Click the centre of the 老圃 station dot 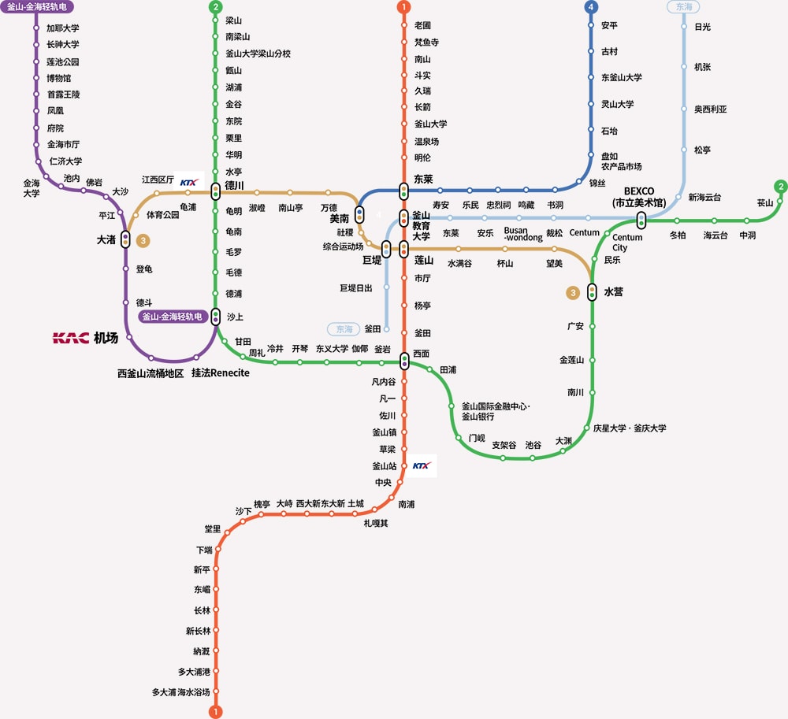point(403,25)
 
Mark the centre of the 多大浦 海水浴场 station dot point(216,691)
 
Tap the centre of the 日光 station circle point(684,27)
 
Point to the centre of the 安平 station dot point(591,25)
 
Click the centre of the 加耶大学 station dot point(36,28)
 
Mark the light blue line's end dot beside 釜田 point(386,329)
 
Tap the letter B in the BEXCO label point(627,191)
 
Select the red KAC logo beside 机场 point(71,338)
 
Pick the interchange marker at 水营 point(592,291)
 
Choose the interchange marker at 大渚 point(125,239)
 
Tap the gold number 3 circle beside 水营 point(573,293)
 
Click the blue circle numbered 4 point(591,7)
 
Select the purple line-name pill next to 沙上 point(173,317)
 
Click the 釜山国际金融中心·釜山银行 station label point(496,411)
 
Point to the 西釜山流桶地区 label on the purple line point(151,373)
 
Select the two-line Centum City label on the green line point(627,242)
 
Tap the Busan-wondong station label point(523,234)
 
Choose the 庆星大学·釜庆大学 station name point(630,428)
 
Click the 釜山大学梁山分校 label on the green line point(258,54)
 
